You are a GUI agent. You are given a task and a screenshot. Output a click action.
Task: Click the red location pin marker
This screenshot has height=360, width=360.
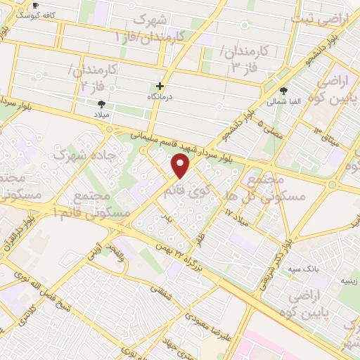(181, 166)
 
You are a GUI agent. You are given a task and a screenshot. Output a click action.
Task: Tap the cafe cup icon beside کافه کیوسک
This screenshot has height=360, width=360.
(35, 6)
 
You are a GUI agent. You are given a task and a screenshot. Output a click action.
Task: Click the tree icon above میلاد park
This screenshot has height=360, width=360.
(103, 103)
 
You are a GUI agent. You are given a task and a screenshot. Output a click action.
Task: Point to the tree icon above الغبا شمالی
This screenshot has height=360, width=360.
(284, 91)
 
